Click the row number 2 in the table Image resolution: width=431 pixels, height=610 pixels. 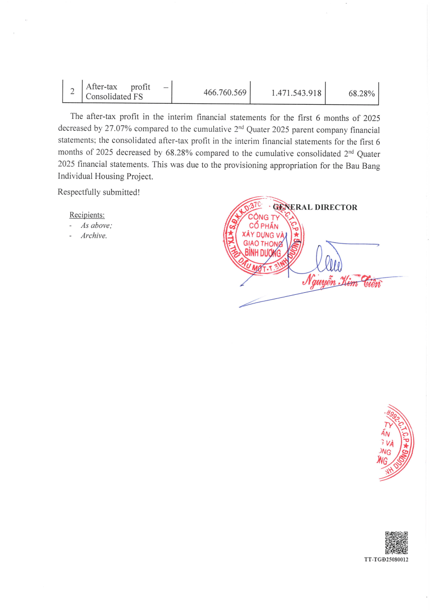tap(72, 91)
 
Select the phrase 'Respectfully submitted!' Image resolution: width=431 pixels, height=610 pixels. tap(99, 192)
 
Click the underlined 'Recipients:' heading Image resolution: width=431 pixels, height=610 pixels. tap(87, 215)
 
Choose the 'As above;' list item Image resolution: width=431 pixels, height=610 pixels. tap(96, 225)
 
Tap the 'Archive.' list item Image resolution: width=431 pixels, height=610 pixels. tap(94, 236)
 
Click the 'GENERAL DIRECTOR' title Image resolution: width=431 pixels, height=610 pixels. tap(315, 207)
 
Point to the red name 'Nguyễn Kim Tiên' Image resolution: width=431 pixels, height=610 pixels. tap(341, 282)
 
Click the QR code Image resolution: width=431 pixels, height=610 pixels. tap(396, 542)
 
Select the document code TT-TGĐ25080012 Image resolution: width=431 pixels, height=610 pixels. tap(386, 560)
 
